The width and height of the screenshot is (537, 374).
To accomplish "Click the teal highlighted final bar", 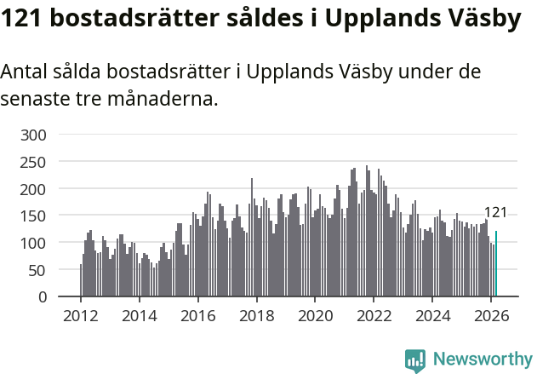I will click(496, 264).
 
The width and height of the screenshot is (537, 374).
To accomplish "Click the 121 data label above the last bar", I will click(495, 213).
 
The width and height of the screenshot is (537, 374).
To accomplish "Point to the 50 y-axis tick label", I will click(37, 271).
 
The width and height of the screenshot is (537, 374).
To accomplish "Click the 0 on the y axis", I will click(42, 297).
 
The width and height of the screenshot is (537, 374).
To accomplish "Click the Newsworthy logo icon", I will click(415, 360).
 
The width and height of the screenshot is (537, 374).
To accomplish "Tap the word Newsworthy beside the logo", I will click(482, 360).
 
